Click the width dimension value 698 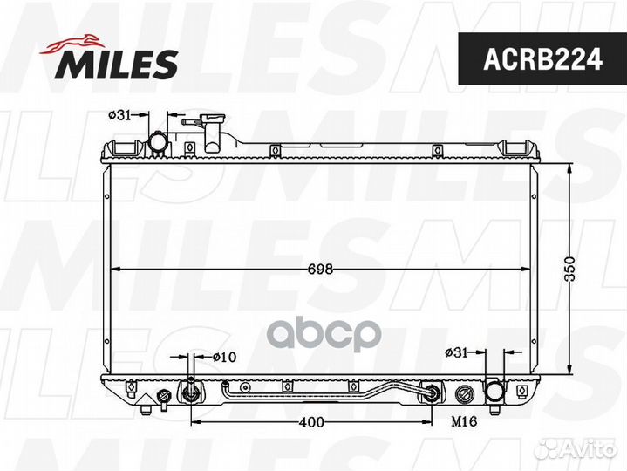coord(321,270)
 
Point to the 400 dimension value coord(311,422)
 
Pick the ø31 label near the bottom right coord(458,352)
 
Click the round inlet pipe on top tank coord(158,140)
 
